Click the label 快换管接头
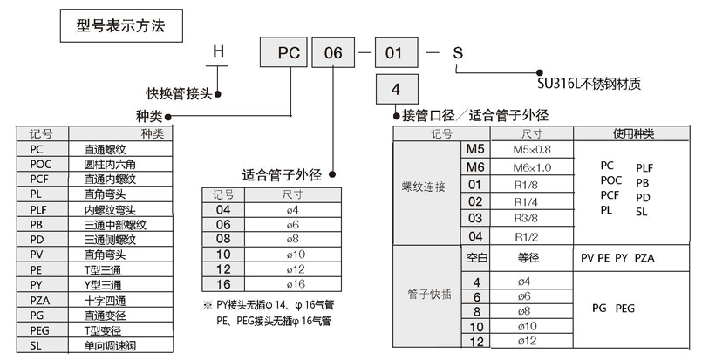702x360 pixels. [179, 94]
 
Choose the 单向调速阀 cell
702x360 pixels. [108, 346]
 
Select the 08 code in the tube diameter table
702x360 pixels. [223, 238]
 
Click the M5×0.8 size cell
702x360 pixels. [533, 149]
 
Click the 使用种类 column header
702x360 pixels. [633, 133]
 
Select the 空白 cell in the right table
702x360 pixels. [476, 258]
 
